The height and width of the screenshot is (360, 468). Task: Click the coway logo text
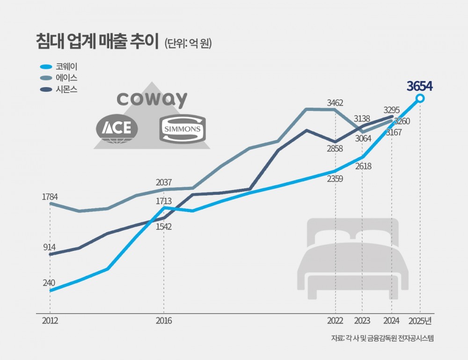152,99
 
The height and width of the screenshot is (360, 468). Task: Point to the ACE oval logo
117,128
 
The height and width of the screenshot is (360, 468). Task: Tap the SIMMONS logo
183,129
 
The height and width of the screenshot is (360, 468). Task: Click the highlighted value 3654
420,86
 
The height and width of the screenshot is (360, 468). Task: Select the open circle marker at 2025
420,98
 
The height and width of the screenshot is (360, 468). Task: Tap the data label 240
49,283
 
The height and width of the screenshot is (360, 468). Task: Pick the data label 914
49,247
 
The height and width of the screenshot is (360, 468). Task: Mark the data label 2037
164,182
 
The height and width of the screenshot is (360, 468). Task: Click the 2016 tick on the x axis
164,321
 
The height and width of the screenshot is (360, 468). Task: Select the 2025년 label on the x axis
420,321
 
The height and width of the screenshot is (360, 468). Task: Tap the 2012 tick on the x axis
50,321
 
